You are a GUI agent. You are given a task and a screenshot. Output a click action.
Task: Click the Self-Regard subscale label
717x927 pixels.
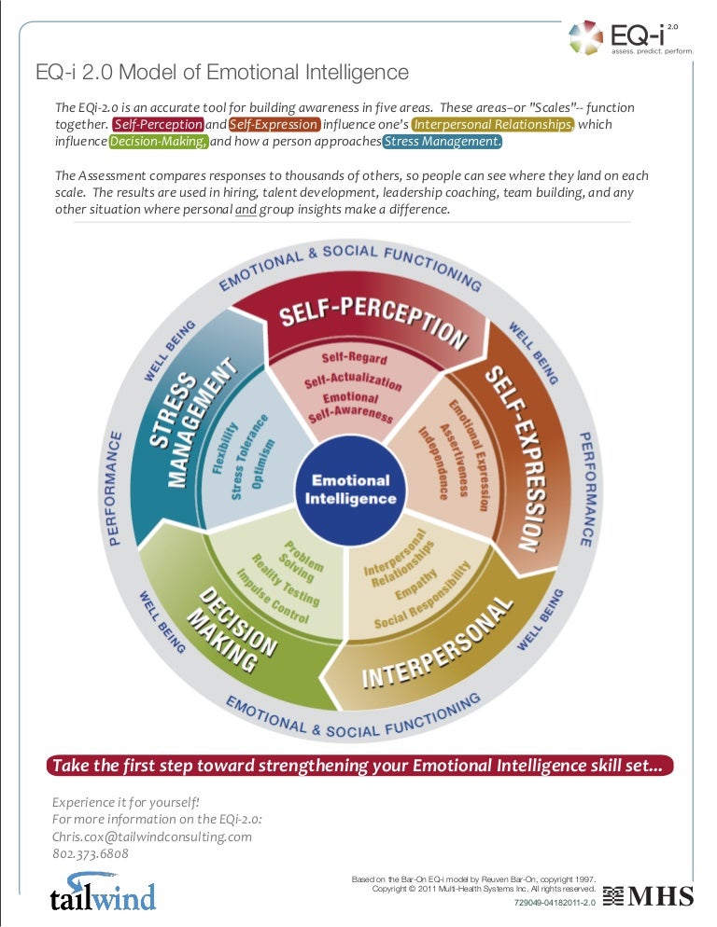click(x=349, y=358)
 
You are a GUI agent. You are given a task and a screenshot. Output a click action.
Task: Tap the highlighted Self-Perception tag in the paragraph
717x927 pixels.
click(x=158, y=124)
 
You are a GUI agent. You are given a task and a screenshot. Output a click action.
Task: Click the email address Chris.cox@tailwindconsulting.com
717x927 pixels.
click(x=152, y=836)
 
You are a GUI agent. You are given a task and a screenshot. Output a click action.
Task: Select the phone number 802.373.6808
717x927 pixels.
click(x=91, y=853)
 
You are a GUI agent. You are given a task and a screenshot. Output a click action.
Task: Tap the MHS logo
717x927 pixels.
click(x=648, y=896)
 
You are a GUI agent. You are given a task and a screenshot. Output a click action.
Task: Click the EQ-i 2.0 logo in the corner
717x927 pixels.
click(x=631, y=37)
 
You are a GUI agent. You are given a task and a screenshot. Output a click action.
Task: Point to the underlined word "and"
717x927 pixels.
click(x=246, y=209)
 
